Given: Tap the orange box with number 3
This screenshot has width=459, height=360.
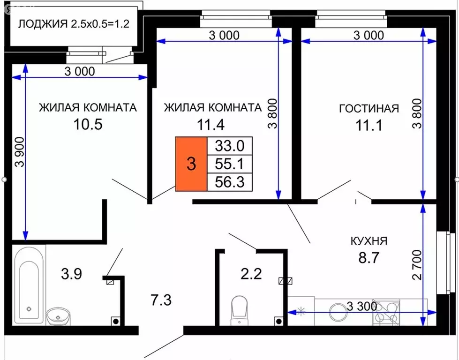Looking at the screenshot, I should click(x=191, y=164).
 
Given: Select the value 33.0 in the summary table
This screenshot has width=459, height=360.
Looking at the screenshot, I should click(x=230, y=146).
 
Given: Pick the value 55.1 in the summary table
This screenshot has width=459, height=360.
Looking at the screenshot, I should click(x=230, y=164).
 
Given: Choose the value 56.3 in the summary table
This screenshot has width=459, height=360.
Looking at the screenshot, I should click(x=230, y=181).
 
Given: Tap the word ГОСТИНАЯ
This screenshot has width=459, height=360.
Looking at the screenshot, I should click(x=369, y=109).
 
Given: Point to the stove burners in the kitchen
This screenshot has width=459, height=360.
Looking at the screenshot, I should click(x=386, y=312).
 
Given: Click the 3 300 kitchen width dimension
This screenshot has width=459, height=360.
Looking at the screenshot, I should click(x=362, y=307).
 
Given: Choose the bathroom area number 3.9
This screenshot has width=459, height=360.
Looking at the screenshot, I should click(x=72, y=273).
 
